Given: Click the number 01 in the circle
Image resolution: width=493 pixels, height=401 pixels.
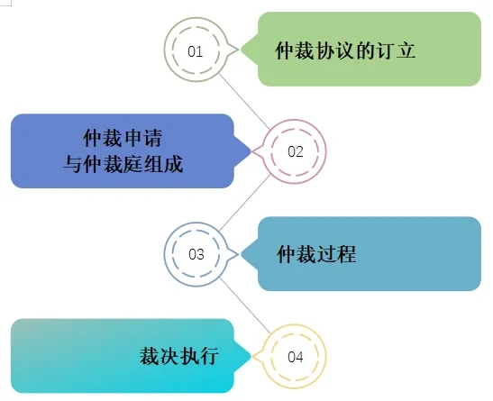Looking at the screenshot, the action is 195,51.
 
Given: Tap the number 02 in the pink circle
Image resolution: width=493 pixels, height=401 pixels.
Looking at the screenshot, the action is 296,151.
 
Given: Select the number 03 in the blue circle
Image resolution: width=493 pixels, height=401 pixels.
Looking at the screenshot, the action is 196,254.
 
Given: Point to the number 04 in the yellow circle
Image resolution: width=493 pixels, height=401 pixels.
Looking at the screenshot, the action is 296,357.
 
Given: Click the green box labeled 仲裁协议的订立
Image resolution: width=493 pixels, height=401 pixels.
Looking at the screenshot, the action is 361,49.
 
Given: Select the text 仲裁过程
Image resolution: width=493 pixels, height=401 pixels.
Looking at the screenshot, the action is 316,254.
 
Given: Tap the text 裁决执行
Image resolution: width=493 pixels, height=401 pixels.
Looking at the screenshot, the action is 179,356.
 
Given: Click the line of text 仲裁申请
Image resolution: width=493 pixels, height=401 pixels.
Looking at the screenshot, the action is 123,138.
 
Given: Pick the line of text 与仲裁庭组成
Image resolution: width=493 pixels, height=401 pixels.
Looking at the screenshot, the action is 123,164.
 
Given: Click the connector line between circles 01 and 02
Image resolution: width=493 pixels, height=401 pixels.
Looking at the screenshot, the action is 244,101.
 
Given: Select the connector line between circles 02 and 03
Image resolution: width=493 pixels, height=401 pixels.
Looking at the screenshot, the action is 244,203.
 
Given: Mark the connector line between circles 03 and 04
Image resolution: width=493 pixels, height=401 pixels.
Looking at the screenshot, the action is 245,305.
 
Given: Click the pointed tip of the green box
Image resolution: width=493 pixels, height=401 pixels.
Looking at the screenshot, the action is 242,49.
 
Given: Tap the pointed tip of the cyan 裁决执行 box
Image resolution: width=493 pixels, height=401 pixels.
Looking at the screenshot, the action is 251,356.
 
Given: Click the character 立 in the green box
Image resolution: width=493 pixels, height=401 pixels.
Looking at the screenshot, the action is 406,50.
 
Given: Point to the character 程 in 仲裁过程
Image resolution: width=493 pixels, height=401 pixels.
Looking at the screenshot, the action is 346,254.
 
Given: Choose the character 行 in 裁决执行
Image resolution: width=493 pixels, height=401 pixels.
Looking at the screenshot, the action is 209,356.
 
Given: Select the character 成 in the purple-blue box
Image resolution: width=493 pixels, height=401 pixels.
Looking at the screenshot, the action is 173,164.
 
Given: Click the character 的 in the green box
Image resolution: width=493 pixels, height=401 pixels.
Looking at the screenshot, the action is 366,50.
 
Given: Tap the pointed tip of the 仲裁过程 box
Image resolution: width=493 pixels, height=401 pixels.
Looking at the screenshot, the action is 242,254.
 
